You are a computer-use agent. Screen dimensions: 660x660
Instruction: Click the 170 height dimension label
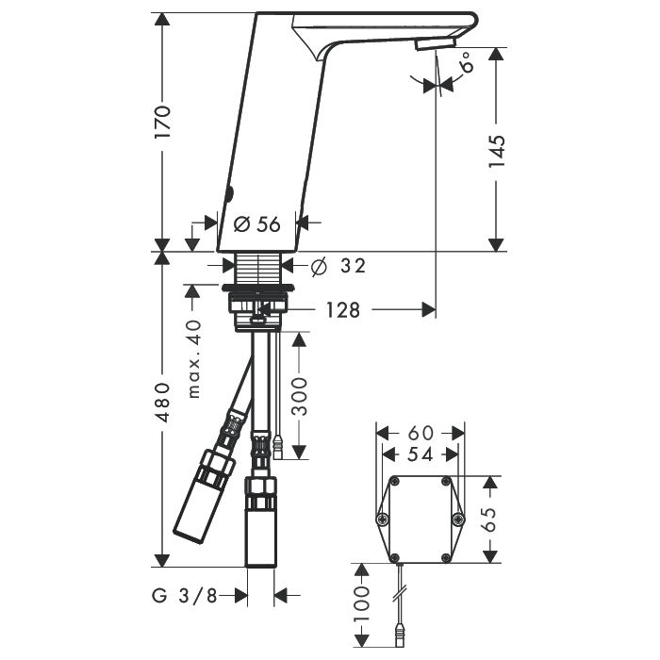point(162,122)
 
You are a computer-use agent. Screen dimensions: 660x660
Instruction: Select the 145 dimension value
point(496,151)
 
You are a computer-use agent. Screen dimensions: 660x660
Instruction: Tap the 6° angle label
point(467,61)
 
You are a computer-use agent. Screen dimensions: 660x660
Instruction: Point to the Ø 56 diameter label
point(256,224)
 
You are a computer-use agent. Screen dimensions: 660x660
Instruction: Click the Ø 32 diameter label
point(338,266)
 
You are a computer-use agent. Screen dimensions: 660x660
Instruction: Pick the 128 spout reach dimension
point(343,310)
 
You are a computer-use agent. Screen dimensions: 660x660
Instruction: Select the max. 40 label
point(194,358)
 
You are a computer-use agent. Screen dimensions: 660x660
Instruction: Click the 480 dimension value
point(162,402)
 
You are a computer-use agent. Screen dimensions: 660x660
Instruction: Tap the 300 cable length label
point(299,396)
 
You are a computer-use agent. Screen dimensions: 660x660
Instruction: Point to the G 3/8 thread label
point(185,596)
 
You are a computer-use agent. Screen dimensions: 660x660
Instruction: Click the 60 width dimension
point(421,433)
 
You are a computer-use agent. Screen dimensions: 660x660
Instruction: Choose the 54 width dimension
point(421,454)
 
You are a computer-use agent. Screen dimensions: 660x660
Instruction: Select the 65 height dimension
point(489,519)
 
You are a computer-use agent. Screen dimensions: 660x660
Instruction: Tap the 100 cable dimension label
point(361,604)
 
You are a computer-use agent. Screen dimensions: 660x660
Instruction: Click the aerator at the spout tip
point(436,43)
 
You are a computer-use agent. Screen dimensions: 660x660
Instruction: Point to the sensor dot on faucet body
point(229,194)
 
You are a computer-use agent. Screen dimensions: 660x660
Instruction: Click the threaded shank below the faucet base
point(258,268)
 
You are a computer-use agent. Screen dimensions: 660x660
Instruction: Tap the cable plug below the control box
point(400,637)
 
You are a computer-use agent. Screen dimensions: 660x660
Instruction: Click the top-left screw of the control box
point(395,482)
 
